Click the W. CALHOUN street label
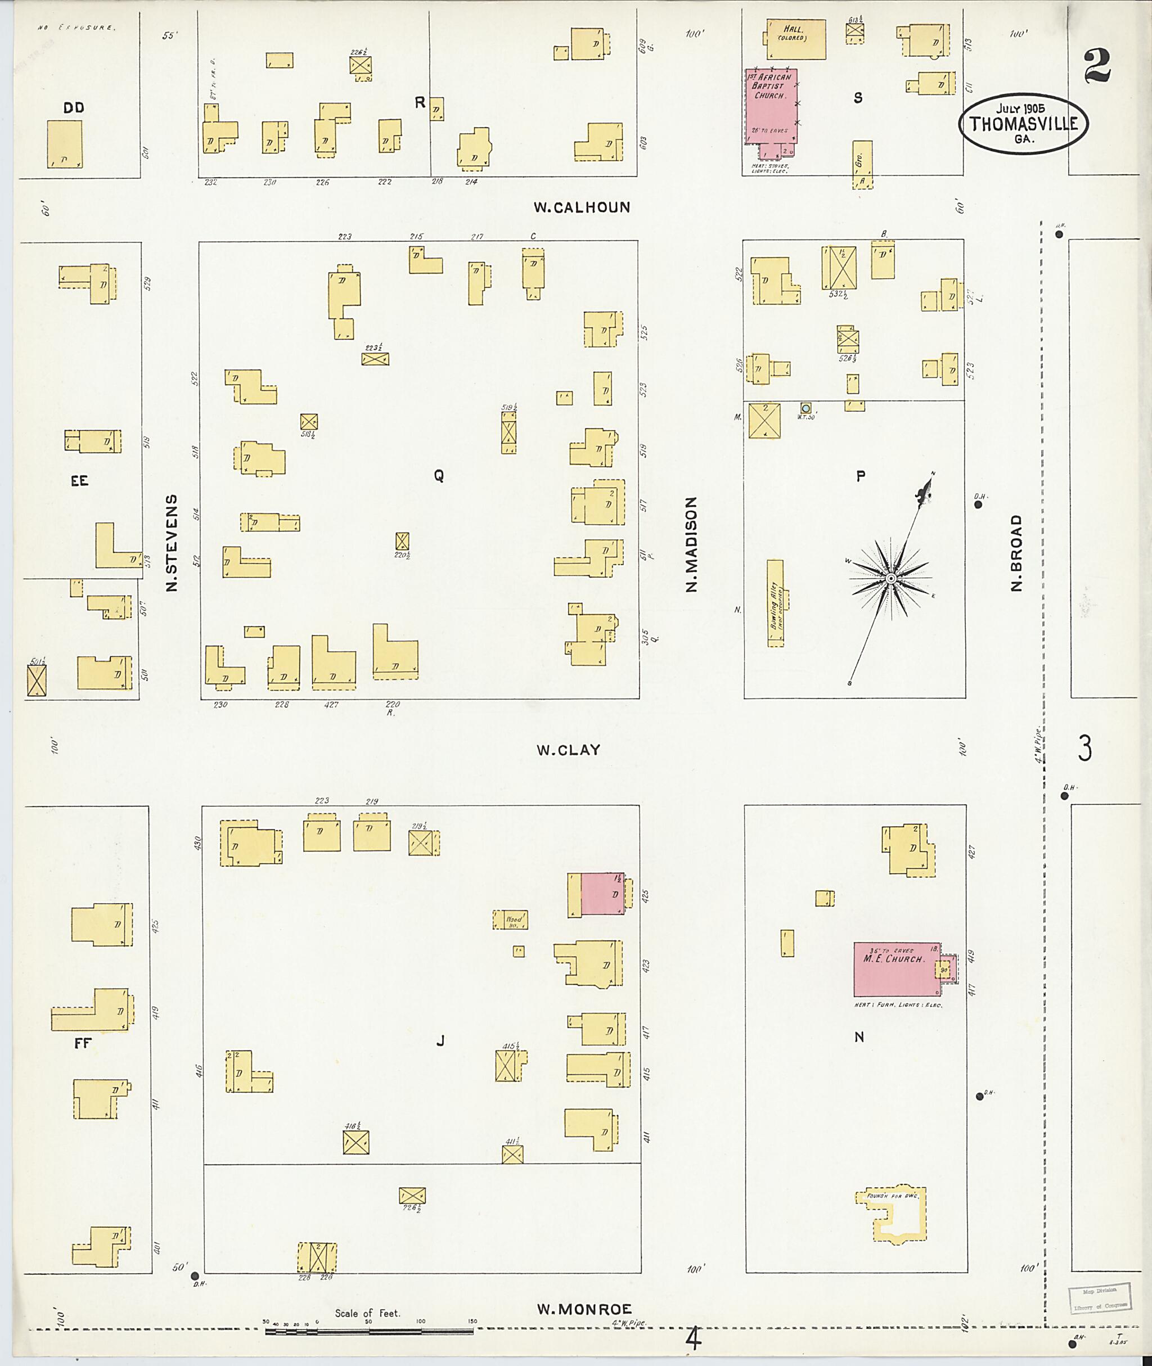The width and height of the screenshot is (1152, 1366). pyautogui.click(x=582, y=208)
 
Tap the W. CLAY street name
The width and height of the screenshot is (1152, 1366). pyautogui.click(x=568, y=750)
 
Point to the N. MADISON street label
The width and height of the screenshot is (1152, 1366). pyautogui.click(x=691, y=544)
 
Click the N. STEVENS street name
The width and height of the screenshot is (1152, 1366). pyautogui.click(x=172, y=543)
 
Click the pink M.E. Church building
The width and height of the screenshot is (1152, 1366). pyautogui.click(x=896, y=969)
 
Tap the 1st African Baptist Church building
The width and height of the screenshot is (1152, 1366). pyautogui.click(x=771, y=106)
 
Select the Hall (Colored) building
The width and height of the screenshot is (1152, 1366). pyautogui.click(x=795, y=39)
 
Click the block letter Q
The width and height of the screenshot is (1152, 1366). pyautogui.click(x=439, y=476)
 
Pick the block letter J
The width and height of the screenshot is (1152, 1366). pyautogui.click(x=440, y=1041)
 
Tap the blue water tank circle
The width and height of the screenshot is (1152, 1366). pyautogui.click(x=806, y=408)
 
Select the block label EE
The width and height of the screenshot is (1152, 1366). pyautogui.click(x=80, y=481)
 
